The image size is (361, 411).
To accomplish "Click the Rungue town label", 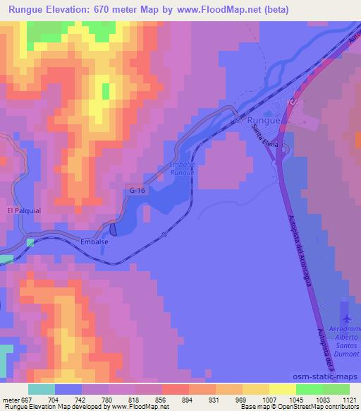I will (x=265, y=121).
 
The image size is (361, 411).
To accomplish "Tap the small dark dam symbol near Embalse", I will (x=113, y=229).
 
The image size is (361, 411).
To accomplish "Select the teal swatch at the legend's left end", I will (x=42, y=388).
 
